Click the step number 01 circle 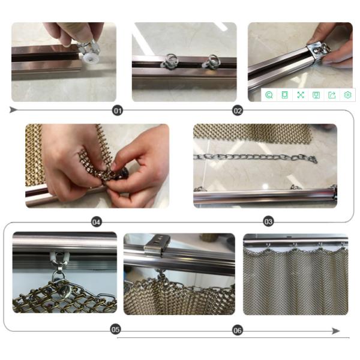(118, 111)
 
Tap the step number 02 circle (238, 111)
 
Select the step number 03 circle (268, 222)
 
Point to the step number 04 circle (96, 222)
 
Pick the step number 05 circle (115, 329)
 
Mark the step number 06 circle (238, 331)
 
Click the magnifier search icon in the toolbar (269, 95)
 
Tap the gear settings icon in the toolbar (347, 95)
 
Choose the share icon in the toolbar (332, 95)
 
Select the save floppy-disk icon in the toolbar (316, 95)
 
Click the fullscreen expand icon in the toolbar (301, 95)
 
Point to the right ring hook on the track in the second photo (210, 61)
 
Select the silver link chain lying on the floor (256, 157)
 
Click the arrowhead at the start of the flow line (13, 110)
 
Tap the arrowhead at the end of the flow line (336, 331)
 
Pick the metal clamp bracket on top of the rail (157, 245)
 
